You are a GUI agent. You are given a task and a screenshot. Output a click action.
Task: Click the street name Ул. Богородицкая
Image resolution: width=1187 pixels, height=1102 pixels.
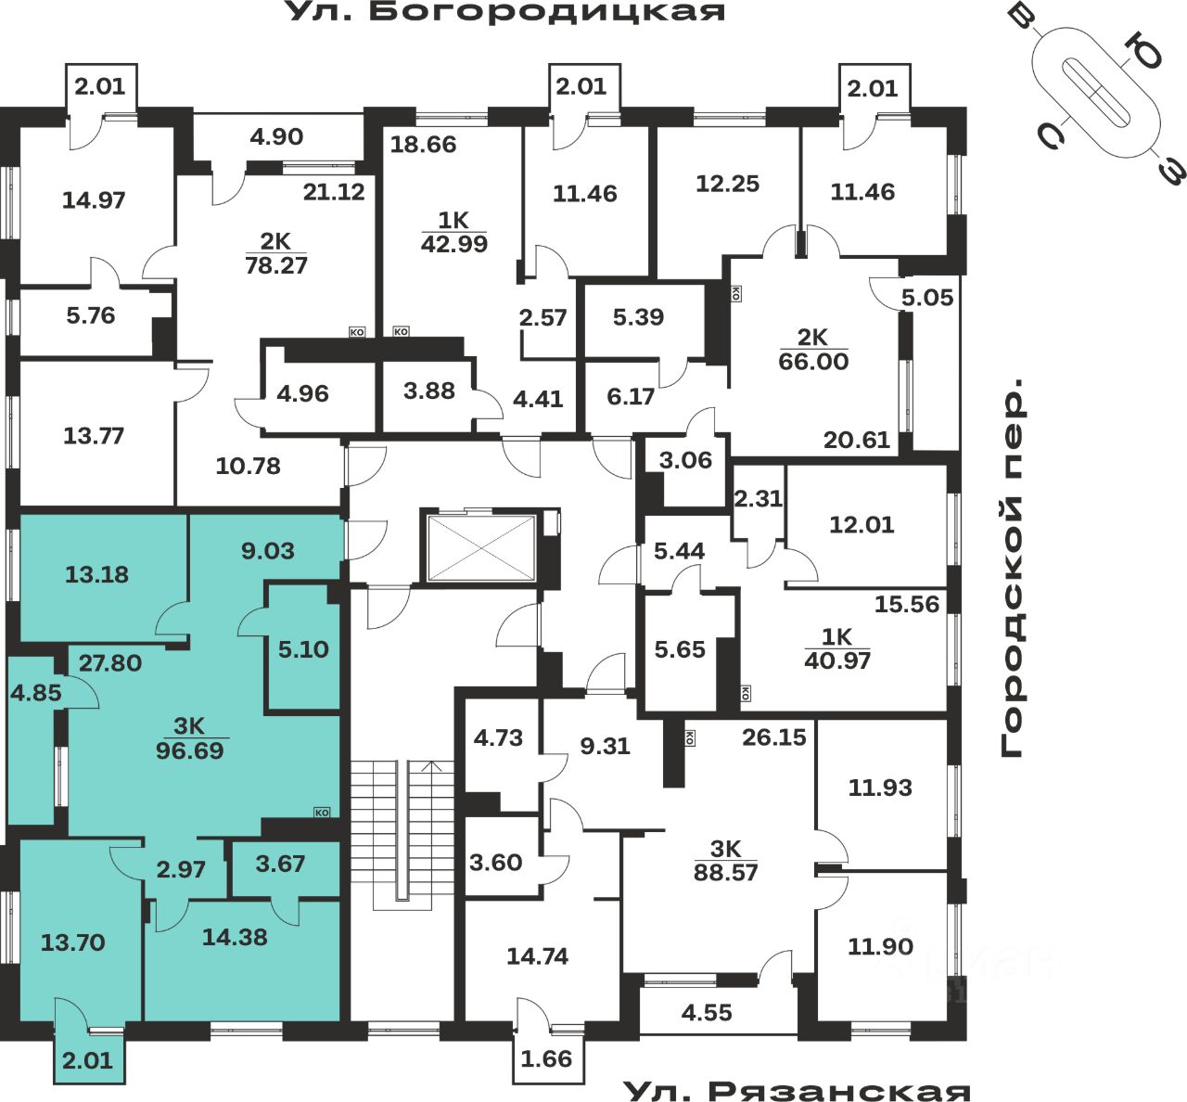pyautogui.click(x=504, y=12)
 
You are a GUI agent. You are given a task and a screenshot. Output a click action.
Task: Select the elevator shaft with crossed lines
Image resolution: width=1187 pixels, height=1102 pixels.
pyautogui.click(x=480, y=545)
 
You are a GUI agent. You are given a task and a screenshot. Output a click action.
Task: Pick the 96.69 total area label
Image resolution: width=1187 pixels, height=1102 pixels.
pyautogui.click(x=190, y=750)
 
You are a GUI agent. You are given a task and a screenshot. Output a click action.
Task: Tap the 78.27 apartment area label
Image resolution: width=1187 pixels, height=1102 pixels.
pyautogui.click(x=276, y=265)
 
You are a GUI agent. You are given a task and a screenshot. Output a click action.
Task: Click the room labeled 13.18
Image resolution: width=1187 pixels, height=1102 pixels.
pyautogui.click(x=97, y=574)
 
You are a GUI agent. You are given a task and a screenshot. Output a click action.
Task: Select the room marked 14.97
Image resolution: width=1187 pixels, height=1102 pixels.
pyautogui.click(x=94, y=199)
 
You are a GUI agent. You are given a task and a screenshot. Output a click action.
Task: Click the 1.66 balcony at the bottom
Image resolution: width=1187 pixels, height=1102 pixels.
pyautogui.click(x=547, y=1058)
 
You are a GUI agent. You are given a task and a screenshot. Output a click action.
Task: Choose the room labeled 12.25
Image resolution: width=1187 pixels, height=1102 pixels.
pyautogui.click(x=728, y=184)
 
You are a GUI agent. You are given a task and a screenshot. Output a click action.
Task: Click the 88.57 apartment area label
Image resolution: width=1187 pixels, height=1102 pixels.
pyautogui.click(x=725, y=873)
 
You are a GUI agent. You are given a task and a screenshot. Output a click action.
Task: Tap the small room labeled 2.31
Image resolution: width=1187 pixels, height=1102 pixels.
pyautogui.click(x=759, y=499)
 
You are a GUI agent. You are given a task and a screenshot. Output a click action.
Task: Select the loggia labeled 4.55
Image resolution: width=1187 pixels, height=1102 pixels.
pyautogui.click(x=707, y=1012)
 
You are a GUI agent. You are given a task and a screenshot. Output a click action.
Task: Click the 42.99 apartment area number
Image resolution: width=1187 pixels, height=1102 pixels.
pyautogui.click(x=454, y=244)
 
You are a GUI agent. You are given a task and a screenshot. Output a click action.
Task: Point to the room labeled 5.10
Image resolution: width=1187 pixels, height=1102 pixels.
pyautogui.click(x=304, y=649)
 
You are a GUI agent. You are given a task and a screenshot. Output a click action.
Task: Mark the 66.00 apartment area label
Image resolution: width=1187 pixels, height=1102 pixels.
pyautogui.click(x=813, y=361)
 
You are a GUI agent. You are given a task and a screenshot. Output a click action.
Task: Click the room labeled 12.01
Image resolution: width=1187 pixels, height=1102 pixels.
pyautogui.click(x=862, y=524)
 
